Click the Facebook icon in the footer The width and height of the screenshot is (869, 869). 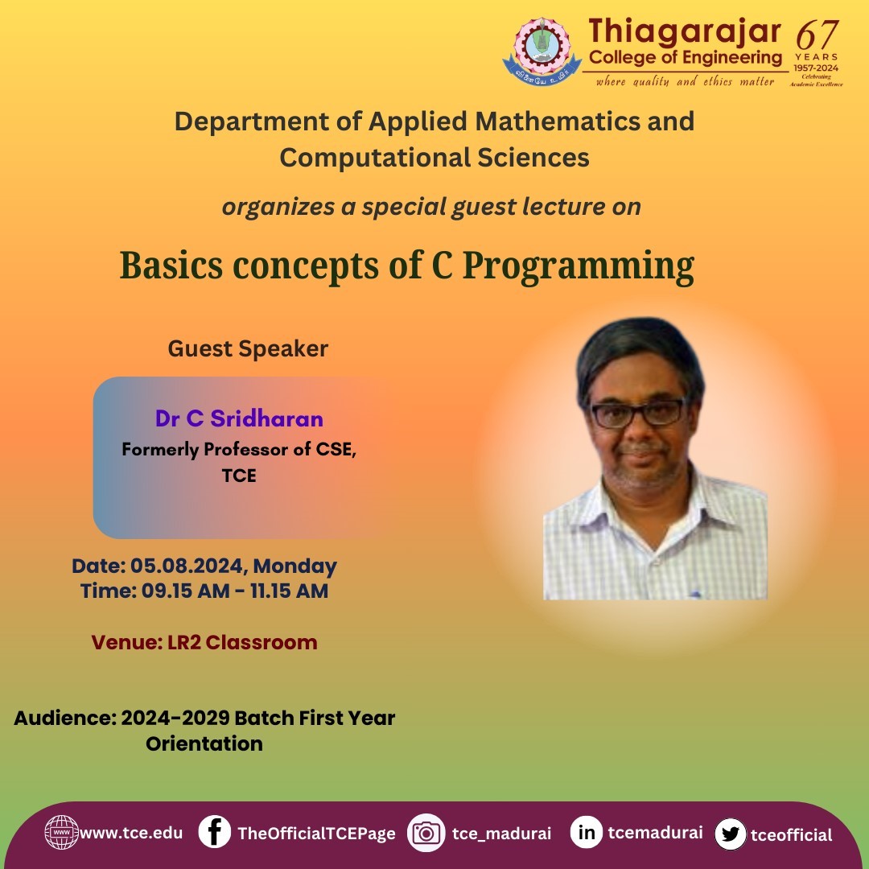(x=215, y=832)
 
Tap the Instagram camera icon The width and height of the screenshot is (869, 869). (x=426, y=833)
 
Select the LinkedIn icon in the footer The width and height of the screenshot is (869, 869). (x=587, y=832)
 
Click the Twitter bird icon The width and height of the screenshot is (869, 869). (x=731, y=834)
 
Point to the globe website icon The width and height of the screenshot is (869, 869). (x=61, y=833)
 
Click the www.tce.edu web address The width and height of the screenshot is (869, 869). (x=131, y=833)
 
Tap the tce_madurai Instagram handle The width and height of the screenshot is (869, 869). (x=501, y=834)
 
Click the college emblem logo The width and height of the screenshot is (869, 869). (x=542, y=51)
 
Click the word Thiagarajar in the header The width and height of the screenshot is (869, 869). (x=685, y=31)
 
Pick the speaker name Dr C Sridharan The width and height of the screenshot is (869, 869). (x=239, y=418)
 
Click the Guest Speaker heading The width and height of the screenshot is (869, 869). (x=248, y=349)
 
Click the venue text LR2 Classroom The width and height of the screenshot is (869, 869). (x=242, y=642)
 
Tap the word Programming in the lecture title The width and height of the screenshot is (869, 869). (x=578, y=266)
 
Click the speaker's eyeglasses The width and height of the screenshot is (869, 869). (x=638, y=413)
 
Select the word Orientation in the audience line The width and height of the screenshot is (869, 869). (x=204, y=743)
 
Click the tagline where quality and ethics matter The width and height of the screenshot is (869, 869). (x=685, y=81)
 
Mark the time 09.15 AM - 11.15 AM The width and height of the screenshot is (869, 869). (x=235, y=591)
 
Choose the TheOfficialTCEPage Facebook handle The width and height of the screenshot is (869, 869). (x=316, y=834)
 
